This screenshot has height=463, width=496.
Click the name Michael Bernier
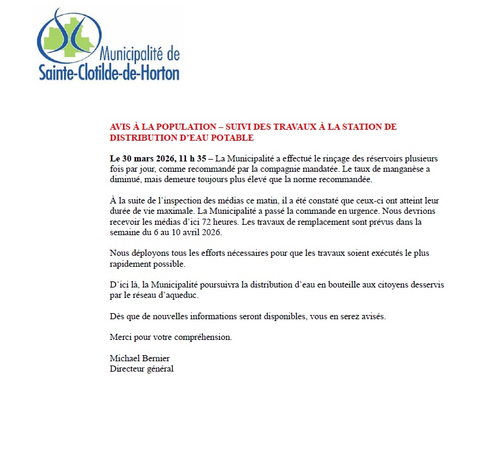coord(140,358)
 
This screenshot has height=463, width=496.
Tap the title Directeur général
coord(141,369)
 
